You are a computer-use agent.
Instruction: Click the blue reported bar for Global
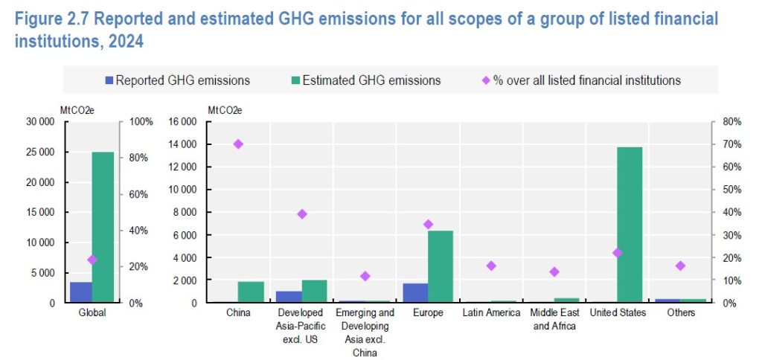click(80, 292)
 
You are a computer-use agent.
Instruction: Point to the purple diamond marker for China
click(238, 144)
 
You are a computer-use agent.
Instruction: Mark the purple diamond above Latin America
click(490, 266)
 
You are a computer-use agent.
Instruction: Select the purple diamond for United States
click(617, 253)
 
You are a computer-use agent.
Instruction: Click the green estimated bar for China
click(251, 292)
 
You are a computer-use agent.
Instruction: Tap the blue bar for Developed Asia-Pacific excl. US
click(289, 297)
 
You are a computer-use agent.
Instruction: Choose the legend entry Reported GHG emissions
click(176, 80)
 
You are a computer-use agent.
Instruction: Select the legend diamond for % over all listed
click(485, 80)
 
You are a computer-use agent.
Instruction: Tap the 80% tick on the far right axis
click(731, 121)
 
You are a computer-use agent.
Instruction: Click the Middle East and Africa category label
click(554, 319)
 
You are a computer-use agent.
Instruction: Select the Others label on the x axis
click(680, 313)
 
